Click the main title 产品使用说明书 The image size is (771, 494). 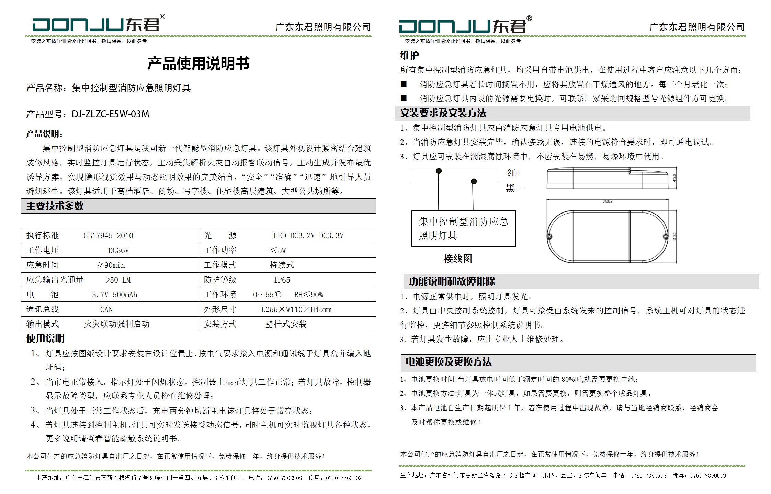coord(198,64)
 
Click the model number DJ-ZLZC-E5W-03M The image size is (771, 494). coord(110,114)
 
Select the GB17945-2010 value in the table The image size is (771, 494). coord(108,235)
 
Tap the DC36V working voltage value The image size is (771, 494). coord(118,250)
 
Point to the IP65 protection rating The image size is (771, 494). coord(282,280)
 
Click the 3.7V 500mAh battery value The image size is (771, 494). coord(114,295)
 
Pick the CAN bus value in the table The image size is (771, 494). coord(106,309)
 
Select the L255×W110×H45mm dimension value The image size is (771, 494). coord(296,309)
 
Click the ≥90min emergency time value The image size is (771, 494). coord(111,265)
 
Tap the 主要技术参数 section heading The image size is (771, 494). coord(55,206)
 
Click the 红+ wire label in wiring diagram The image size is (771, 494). coord(514,173)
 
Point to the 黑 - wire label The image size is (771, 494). coord(514,188)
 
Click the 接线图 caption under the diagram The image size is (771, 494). coord(458,259)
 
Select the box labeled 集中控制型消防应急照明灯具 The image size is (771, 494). coord(463,228)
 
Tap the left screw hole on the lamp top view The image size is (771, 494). coord(549,237)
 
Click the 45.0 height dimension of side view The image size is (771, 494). coord(674,178)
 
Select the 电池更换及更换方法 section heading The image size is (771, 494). coord(449,362)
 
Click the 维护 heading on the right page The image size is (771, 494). coord(409,55)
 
